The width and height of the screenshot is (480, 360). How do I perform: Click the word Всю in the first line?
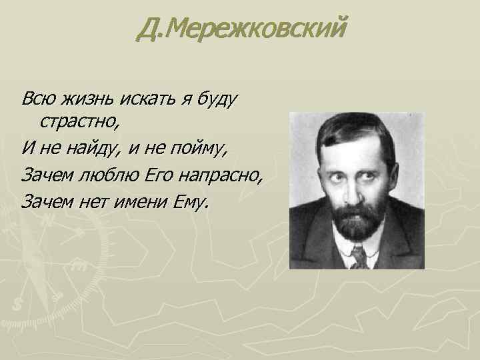[37, 99]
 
